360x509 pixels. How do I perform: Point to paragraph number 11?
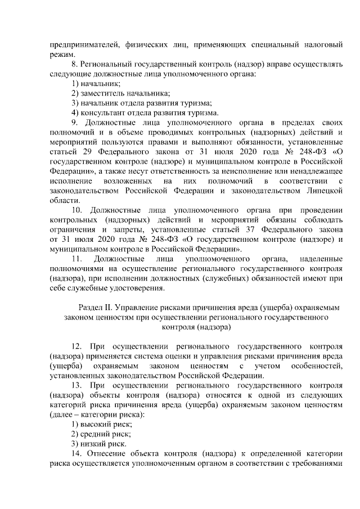(x=77, y=259)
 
